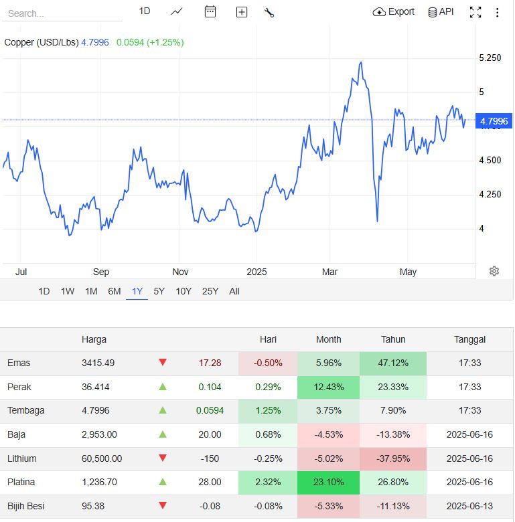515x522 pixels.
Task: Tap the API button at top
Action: pos(441,12)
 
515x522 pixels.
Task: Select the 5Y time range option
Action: pos(159,291)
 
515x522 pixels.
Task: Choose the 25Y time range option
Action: pos(210,291)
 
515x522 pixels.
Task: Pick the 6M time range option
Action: pos(115,291)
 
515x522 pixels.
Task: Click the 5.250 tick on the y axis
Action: pos(490,58)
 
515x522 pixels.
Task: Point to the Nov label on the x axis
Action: pos(179,272)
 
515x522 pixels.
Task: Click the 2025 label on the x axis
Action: pos(256,272)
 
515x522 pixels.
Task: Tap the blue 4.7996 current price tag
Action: pos(494,121)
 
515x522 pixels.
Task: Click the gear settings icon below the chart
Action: pos(494,271)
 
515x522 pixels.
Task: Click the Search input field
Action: pos(62,13)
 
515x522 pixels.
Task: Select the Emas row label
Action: pos(19,363)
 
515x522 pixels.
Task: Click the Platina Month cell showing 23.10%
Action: pos(328,482)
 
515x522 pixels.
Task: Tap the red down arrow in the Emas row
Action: pos(162,363)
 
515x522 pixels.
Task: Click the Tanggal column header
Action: pos(469,339)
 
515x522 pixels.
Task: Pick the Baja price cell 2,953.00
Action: pos(99,434)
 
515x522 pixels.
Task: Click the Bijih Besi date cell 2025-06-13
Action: pos(469,506)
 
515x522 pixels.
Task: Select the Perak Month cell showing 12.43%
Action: pos(328,387)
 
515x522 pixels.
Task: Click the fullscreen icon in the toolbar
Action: pos(475,12)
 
